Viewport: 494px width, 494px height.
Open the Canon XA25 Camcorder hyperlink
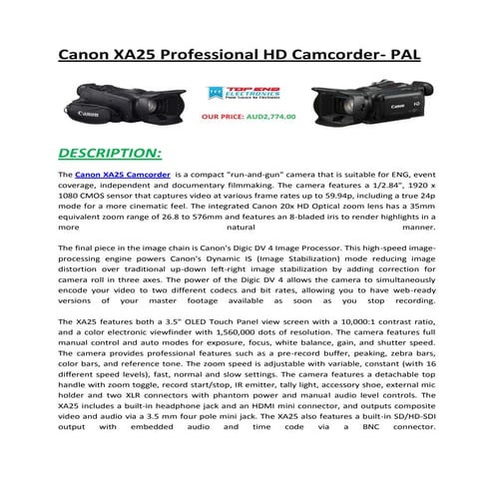click(x=121, y=174)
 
